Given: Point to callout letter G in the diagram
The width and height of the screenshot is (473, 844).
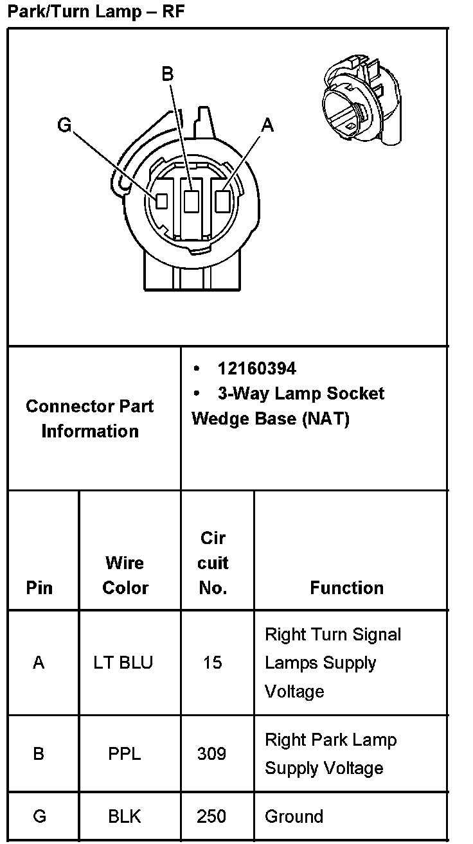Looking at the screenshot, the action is pyautogui.click(x=64, y=125).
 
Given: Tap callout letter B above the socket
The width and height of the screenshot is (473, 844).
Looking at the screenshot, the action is pyautogui.click(x=167, y=75).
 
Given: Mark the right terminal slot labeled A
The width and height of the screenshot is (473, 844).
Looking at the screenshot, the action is pyautogui.click(x=222, y=201).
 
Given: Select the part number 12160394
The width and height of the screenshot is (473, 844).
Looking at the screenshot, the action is pyautogui.click(x=256, y=369).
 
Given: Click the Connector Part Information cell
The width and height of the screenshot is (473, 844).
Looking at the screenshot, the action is pyautogui.click(x=90, y=418).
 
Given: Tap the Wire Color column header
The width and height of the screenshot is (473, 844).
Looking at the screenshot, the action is pyautogui.click(x=125, y=575).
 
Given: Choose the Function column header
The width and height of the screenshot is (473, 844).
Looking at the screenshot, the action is pyautogui.click(x=346, y=587).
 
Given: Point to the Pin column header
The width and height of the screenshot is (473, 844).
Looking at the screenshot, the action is pyautogui.click(x=39, y=587).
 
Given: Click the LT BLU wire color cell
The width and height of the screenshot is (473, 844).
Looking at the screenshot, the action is pyautogui.click(x=123, y=662).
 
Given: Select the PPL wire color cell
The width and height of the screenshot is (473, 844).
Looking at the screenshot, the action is pyautogui.click(x=124, y=753).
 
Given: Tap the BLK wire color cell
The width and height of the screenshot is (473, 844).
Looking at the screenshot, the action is pyautogui.click(x=124, y=816).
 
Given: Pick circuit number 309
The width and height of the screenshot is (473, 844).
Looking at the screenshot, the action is pyautogui.click(x=211, y=753).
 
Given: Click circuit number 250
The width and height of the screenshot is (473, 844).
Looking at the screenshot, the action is pyautogui.click(x=211, y=816).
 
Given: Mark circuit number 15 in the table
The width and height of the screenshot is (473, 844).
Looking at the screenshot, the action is pyautogui.click(x=212, y=662).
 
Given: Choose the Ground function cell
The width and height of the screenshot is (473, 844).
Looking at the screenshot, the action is pyautogui.click(x=294, y=816).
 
